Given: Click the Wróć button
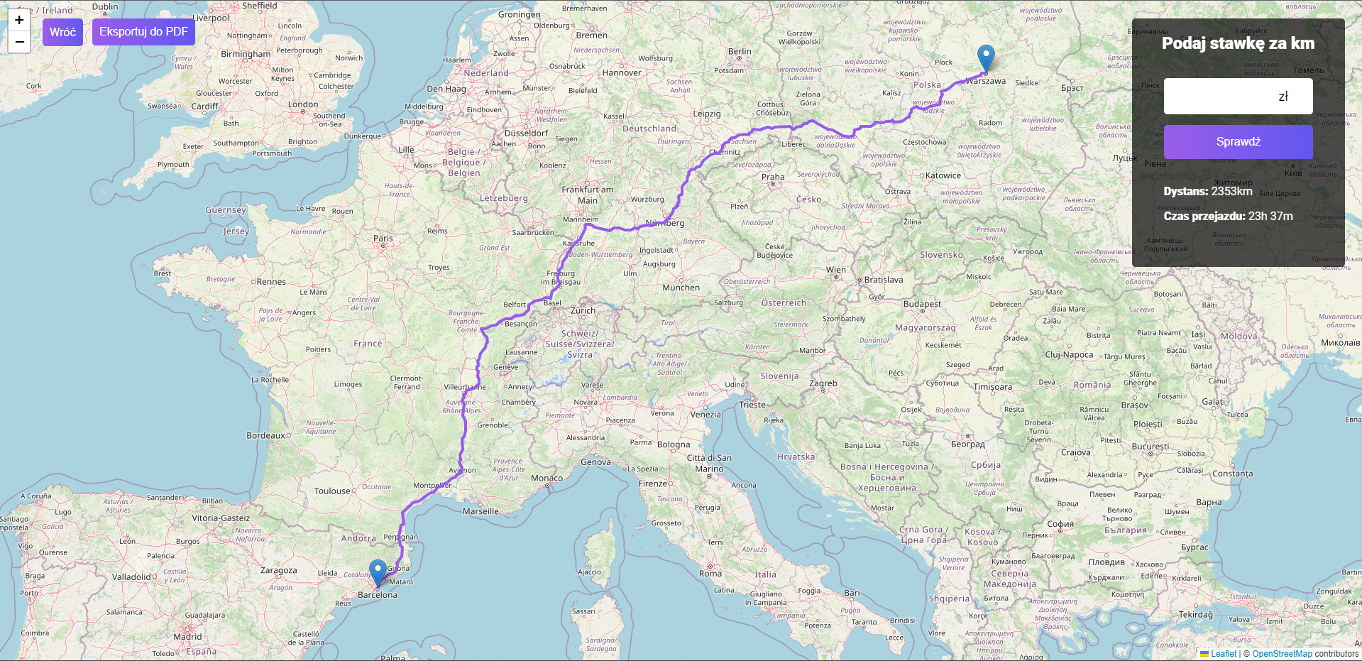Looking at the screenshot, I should (x=62, y=32).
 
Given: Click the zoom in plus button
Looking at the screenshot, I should (x=19, y=20).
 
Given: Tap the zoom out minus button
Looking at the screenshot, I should (x=19, y=42).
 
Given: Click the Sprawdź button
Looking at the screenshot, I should (x=1238, y=142).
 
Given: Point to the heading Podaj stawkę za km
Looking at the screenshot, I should (x=1238, y=43).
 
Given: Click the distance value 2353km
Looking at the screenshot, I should (x=1231, y=192).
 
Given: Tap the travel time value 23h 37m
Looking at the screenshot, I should (x=1270, y=217).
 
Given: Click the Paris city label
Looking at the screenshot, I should (x=383, y=239).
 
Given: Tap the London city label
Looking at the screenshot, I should (x=303, y=104).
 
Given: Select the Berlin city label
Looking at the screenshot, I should (x=740, y=51).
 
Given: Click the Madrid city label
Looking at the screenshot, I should (x=188, y=637).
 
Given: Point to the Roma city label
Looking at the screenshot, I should (x=710, y=574).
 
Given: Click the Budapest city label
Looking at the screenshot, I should (x=922, y=304).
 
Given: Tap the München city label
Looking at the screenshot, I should (x=681, y=288).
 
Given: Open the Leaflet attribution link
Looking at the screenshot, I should (x=1223, y=654).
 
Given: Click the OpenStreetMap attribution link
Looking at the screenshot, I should (x=1282, y=654).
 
